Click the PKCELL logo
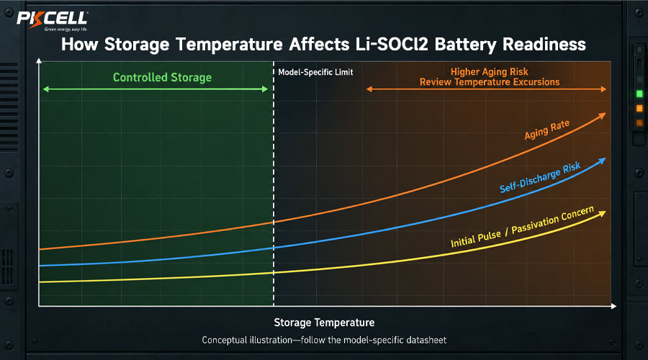52,21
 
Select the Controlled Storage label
162,77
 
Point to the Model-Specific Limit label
315,72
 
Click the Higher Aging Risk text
490,71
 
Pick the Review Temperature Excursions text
490,82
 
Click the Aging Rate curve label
546,130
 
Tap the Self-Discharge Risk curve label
540,177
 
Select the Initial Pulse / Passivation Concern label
522,227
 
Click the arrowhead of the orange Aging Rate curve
602,116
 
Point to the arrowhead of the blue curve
602,161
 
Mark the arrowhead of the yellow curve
602,214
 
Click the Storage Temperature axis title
324,323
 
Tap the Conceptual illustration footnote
324,340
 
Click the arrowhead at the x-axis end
613,306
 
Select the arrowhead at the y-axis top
39,60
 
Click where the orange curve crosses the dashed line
274,222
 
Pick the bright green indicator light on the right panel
639,94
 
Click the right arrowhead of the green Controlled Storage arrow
265,89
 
